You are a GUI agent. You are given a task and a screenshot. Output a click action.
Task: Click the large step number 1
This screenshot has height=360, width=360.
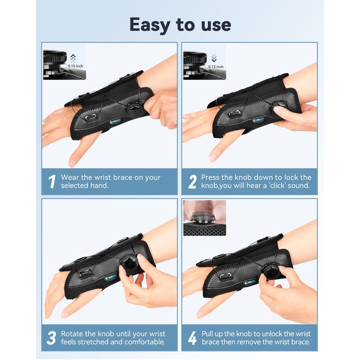tap(52, 182)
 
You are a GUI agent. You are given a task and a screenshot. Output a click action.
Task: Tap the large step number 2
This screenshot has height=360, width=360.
tap(193, 182)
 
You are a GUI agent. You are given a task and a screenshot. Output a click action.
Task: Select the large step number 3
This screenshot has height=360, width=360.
tap(51, 338)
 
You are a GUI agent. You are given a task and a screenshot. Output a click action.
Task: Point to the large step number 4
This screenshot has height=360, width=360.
tap(193, 338)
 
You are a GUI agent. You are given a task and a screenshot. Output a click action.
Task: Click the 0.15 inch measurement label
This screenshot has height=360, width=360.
tap(75, 66)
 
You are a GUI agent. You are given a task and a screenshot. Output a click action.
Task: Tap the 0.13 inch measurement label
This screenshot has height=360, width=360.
tap(216, 67)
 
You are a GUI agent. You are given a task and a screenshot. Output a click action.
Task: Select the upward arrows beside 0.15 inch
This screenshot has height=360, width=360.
tap(73, 58)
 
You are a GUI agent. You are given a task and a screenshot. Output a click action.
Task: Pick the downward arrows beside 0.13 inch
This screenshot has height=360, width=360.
tap(214, 58)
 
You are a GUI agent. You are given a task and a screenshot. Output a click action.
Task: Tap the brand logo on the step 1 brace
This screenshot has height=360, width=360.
tap(115, 121)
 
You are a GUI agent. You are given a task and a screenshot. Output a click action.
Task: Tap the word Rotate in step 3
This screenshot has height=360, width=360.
tap(72, 334)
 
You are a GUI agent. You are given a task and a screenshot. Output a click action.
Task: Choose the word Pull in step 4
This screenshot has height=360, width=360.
tap(207, 334)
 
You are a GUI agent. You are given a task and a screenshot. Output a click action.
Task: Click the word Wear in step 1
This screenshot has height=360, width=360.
tap(70, 177)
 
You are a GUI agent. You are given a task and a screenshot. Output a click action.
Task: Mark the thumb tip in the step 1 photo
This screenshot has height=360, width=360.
tap(72, 163)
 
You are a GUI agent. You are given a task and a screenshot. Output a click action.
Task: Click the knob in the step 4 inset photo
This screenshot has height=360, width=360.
tap(203, 217)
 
